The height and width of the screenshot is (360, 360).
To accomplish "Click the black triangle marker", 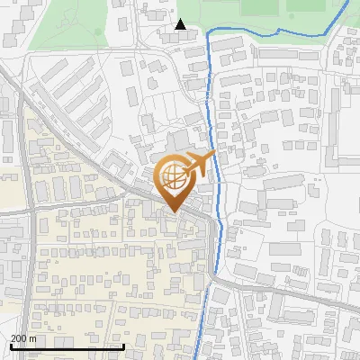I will pos(181,24).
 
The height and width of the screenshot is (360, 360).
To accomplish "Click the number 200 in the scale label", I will pos(19,338).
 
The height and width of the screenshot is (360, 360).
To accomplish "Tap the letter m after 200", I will pos(32,338).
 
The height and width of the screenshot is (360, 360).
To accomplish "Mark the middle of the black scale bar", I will pos(67,346).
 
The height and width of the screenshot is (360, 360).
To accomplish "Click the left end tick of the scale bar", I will pos(11,346).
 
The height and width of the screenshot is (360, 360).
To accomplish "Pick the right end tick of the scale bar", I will pos(123,346).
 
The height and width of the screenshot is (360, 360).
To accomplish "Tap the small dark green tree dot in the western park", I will pos(98,31).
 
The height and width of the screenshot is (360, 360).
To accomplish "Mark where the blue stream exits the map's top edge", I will pos(348,1).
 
